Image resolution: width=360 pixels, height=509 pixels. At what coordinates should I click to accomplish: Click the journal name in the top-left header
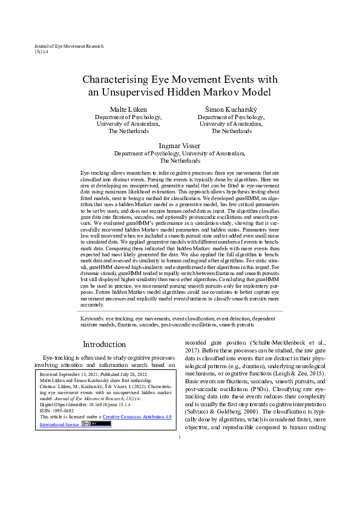(x=69, y=46)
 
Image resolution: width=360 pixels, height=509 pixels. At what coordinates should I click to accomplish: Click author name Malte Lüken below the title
(x=128, y=108)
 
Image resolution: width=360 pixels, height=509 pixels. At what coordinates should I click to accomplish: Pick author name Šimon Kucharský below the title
(x=231, y=108)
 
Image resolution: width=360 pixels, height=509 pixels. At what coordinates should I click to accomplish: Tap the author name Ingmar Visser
(x=180, y=146)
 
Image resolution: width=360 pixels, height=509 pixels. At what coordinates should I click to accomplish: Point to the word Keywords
(x=93, y=317)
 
